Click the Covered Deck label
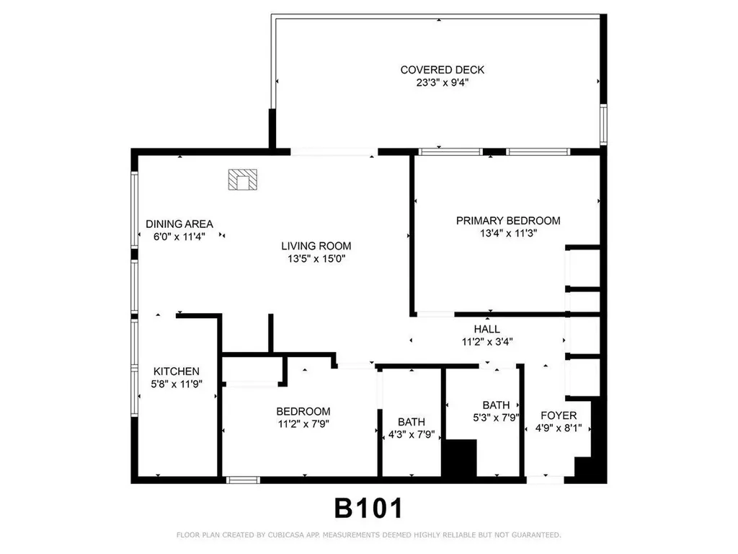[x=442, y=70]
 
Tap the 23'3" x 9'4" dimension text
[x=442, y=82]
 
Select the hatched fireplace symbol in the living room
[x=242, y=180]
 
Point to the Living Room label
[x=316, y=246]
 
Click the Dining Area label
[x=179, y=224]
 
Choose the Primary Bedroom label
[x=507, y=221]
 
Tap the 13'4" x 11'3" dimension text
[x=507, y=233]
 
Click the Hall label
[x=487, y=330]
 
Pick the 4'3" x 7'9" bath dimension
[x=411, y=434]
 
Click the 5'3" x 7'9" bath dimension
[x=497, y=417]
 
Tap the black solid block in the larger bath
[x=459, y=457]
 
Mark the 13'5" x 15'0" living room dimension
[x=316, y=258]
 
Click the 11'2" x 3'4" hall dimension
[x=487, y=342]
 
